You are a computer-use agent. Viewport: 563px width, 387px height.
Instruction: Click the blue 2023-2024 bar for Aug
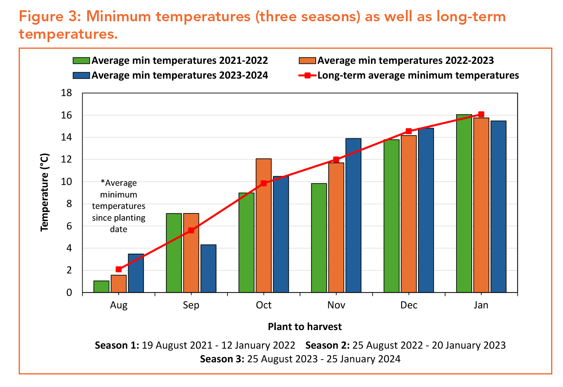[x=136, y=273]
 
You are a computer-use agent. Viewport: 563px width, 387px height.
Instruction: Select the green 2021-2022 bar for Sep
[x=174, y=253]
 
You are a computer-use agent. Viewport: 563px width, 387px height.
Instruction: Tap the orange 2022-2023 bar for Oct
[x=264, y=226]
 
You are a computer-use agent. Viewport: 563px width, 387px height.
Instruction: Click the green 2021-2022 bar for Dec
[x=391, y=216]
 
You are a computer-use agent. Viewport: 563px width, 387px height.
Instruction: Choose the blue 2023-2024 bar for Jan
[x=498, y=207]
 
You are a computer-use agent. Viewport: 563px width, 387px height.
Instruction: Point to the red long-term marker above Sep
[x=191, y=231]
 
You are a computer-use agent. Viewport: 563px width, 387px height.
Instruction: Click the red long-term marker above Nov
[x=336, y=160]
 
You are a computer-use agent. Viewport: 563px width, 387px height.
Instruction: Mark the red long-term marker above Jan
[x=481, y=114]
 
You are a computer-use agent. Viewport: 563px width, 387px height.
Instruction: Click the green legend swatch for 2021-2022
[x=81, y=61]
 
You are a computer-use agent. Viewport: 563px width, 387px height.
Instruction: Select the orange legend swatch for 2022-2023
[x=307, y=61]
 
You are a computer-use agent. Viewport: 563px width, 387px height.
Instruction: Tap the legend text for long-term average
[x=418, y=75]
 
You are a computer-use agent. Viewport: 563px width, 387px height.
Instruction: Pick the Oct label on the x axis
[x=264, y=305]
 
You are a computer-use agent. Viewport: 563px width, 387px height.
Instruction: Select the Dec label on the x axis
[x=409, y=305]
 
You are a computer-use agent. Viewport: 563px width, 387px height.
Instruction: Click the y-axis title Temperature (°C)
[x=45, y=192]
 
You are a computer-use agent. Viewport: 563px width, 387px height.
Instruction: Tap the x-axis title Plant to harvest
[x=305, y=327]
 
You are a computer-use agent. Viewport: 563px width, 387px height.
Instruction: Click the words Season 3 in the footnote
[x=222, y=359]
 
